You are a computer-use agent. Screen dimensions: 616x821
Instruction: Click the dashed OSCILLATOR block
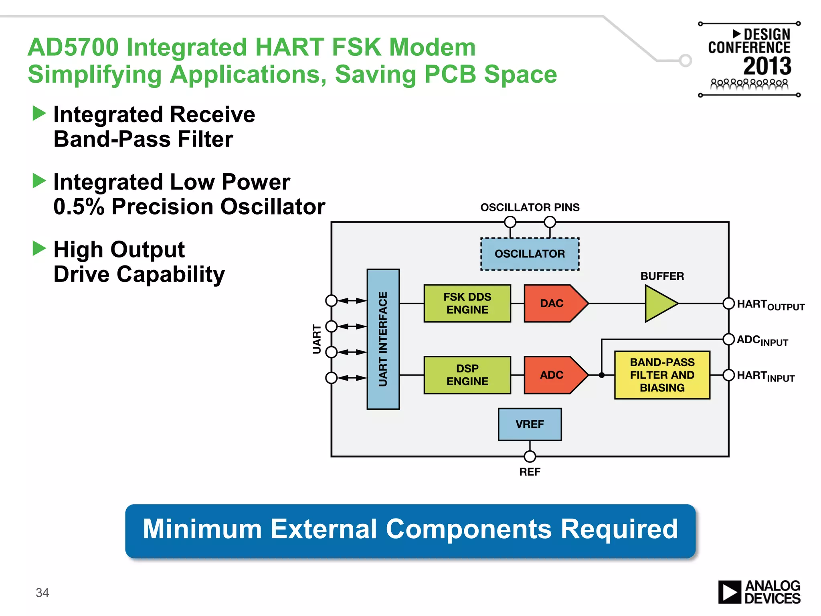pyautogui.click(x=530, y=254)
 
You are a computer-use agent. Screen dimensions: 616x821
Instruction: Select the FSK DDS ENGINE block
pyautogui.click(x=467, y=303)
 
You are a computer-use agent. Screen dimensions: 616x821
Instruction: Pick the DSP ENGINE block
pyautogui.click(x=467, y=375)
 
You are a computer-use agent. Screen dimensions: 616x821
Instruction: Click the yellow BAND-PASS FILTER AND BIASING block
pyautogui.click(x=662, y=375)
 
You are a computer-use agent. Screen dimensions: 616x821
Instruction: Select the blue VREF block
pyautogui.click(x=530, y=424)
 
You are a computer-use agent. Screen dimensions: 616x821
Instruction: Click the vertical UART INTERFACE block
pyautogui.click(x=383, y=339)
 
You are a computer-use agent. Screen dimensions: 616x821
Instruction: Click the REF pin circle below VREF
pyautogui.click(x=530, y=456)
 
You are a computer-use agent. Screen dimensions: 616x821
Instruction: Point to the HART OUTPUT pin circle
pyautogui.click(x=728, y=304)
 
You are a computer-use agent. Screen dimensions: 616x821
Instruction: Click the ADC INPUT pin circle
pyautogui.click(x=728, y=339)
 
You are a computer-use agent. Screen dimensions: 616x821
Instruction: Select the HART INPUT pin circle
pyautogui.click(x=728, y=375)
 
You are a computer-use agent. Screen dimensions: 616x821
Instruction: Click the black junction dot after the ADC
pyautogui.click(x=601, y=375)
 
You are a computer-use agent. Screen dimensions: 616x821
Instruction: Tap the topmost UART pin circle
pyautogui.click(x=331, y=300)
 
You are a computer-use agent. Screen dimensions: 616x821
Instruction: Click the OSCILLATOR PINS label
pyautogui.click(x=530, y=207)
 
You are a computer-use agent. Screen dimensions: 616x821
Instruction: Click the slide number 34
pyautogui.click(x=42, y=592)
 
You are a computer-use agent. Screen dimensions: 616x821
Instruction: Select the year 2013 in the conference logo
pyautogui.click(x=767, y=66)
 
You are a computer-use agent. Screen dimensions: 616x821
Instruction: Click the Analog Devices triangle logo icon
pyautogui.click(x=729, y=592)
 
